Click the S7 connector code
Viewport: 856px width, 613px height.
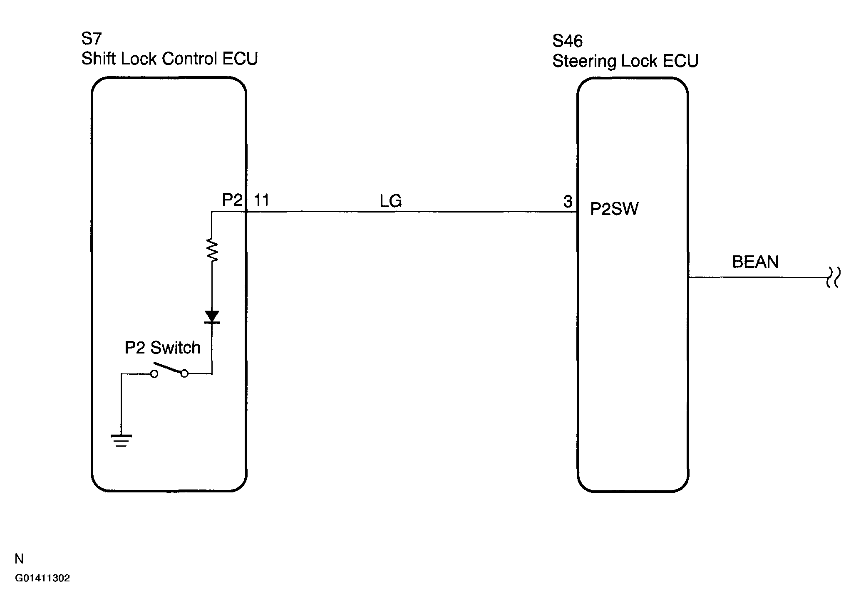point(92,39)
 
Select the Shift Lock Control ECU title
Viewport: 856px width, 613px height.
point(170,59)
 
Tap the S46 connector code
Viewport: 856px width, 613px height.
point(568,41)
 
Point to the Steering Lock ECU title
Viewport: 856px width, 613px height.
point(625,61)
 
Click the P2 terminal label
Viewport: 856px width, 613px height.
point(232,200)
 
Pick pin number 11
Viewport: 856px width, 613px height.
point(261,200)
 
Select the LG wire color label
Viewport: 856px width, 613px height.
point(390,201)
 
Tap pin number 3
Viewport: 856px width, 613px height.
point(568,201)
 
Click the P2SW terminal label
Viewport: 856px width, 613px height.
point(614,209)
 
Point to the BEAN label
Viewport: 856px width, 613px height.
point(755,262)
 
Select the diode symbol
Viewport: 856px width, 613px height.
point(212,317)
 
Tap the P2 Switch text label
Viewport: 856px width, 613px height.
point(163,347)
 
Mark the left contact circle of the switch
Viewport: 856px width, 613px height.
point(154,374)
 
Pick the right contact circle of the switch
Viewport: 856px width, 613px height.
point(184,374)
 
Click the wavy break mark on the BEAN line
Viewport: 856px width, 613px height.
point(832,277)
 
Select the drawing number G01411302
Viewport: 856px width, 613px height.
point(42,578)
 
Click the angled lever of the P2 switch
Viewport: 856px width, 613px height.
point(169,368)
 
